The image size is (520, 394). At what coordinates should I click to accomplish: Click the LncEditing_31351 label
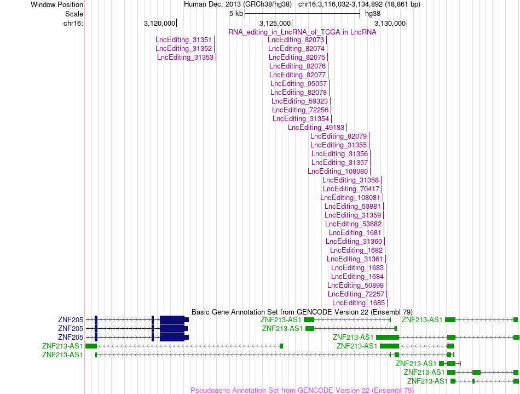click(183, 40)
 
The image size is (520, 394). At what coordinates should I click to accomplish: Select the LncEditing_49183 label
click(316, 128)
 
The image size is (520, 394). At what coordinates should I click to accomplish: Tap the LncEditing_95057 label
click(298, 84)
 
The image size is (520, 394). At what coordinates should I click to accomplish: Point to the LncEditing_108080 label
click(338, 172)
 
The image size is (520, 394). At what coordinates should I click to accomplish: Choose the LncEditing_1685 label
click(359, 302)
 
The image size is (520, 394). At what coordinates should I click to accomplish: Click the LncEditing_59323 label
click(300, 101)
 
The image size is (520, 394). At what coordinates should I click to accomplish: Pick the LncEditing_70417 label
click(351, 189)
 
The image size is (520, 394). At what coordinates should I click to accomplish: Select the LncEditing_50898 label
click(355, 285)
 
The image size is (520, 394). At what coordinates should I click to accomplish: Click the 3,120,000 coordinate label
click(159, 23)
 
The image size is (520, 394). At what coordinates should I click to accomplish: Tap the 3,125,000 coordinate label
click(275, 23)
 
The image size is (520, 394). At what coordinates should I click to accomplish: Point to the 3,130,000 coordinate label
click(390, 23)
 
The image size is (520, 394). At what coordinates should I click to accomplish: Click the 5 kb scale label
click(236, 14)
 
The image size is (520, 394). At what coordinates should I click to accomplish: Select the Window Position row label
click(57, 4)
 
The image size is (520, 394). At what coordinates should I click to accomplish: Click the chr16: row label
click(73, 23)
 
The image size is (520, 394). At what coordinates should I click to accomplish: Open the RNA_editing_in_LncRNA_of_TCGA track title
click(302, 32)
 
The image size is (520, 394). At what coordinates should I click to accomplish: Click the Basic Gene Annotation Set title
click(302, 312)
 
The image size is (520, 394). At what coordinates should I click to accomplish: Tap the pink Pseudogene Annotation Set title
click(302, 390)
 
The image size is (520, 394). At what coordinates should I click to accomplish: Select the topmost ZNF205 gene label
click(71, 319)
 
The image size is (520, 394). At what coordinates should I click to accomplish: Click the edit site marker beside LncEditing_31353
click(216, 58)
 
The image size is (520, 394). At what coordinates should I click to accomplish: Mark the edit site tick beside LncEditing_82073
click(327, 40)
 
